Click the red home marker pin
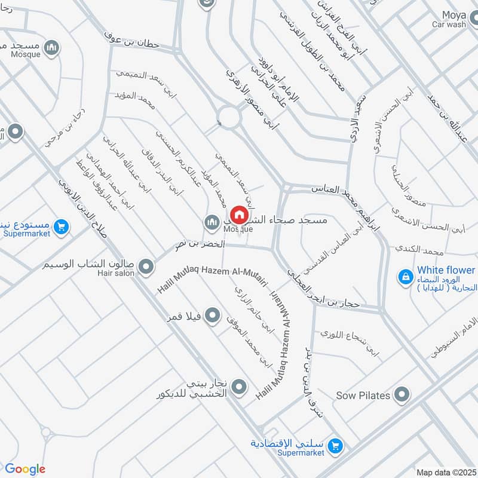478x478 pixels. [x=238, y=215]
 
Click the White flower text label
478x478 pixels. [x=446, y=270]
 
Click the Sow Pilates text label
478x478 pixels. [x=363, y=396]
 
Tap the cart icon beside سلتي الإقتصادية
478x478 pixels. [x=335, y=446]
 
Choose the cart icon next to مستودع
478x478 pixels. [x=60, y=227]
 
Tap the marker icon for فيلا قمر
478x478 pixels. [x=212, y=314]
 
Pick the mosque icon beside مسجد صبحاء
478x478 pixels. [x=212, y=222]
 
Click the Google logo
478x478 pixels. [x=24, y=469]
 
